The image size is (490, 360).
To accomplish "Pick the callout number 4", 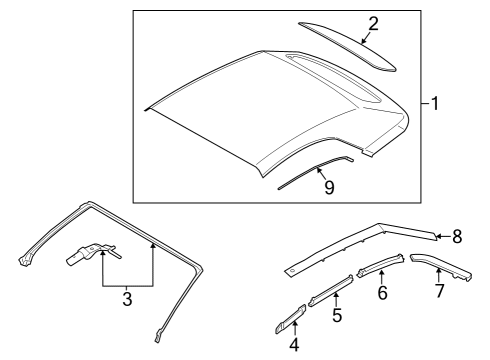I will point(294,345).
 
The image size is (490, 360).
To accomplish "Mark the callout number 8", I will point(457,237).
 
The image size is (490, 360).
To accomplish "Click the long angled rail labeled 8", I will point(360,245).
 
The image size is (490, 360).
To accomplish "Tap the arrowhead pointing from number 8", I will point(439,236).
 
